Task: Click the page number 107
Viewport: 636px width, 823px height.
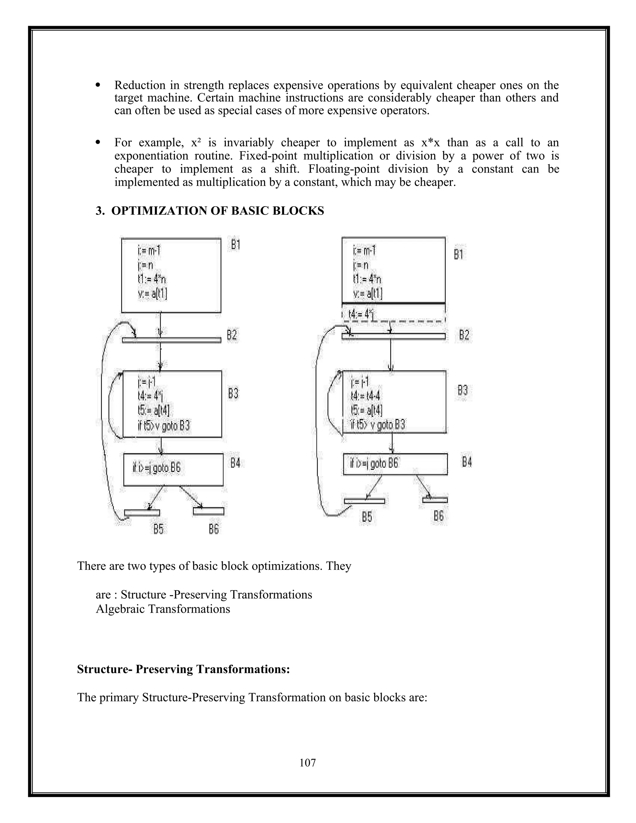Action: (307, 763)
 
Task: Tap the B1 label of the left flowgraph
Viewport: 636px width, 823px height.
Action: (235, 245)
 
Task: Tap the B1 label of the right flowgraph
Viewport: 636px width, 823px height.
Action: (458, 255)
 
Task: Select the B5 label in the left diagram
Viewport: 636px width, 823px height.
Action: (159, 529)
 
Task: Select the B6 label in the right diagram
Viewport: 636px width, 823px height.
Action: (438, 516)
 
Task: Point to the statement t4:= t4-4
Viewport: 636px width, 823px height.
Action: (366, 396)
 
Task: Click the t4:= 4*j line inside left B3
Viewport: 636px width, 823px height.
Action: (150, 396)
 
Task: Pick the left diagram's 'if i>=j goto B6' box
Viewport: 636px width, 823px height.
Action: (173, 469)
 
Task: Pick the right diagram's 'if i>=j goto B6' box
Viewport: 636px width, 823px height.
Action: (395, 464)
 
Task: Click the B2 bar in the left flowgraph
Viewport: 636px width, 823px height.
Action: (171, 340)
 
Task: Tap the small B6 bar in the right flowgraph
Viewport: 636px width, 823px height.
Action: (435, 500)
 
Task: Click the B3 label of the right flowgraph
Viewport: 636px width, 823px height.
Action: (463, 390)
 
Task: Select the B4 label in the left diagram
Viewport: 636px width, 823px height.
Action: (235, 463)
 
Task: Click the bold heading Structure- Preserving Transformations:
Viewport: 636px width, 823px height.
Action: (184, 669)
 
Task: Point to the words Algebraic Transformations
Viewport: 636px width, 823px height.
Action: (163, 609)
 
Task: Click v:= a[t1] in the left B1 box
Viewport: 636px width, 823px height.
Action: (152, 294)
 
